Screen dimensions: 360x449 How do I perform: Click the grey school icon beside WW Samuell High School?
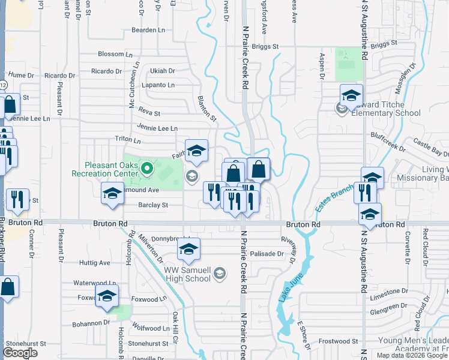220,274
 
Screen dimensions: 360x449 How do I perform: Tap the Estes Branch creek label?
333,199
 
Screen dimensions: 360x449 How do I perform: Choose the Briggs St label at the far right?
384,45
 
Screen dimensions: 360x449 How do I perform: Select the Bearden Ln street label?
148,29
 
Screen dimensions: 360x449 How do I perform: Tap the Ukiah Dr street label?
163,70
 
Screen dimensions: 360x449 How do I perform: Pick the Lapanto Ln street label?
158,85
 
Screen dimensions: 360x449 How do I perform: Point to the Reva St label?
149,113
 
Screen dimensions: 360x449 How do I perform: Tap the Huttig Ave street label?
95,262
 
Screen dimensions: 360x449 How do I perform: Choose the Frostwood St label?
339,341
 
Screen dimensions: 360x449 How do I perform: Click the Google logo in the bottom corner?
20,353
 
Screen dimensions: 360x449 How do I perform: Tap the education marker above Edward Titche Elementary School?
351,95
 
